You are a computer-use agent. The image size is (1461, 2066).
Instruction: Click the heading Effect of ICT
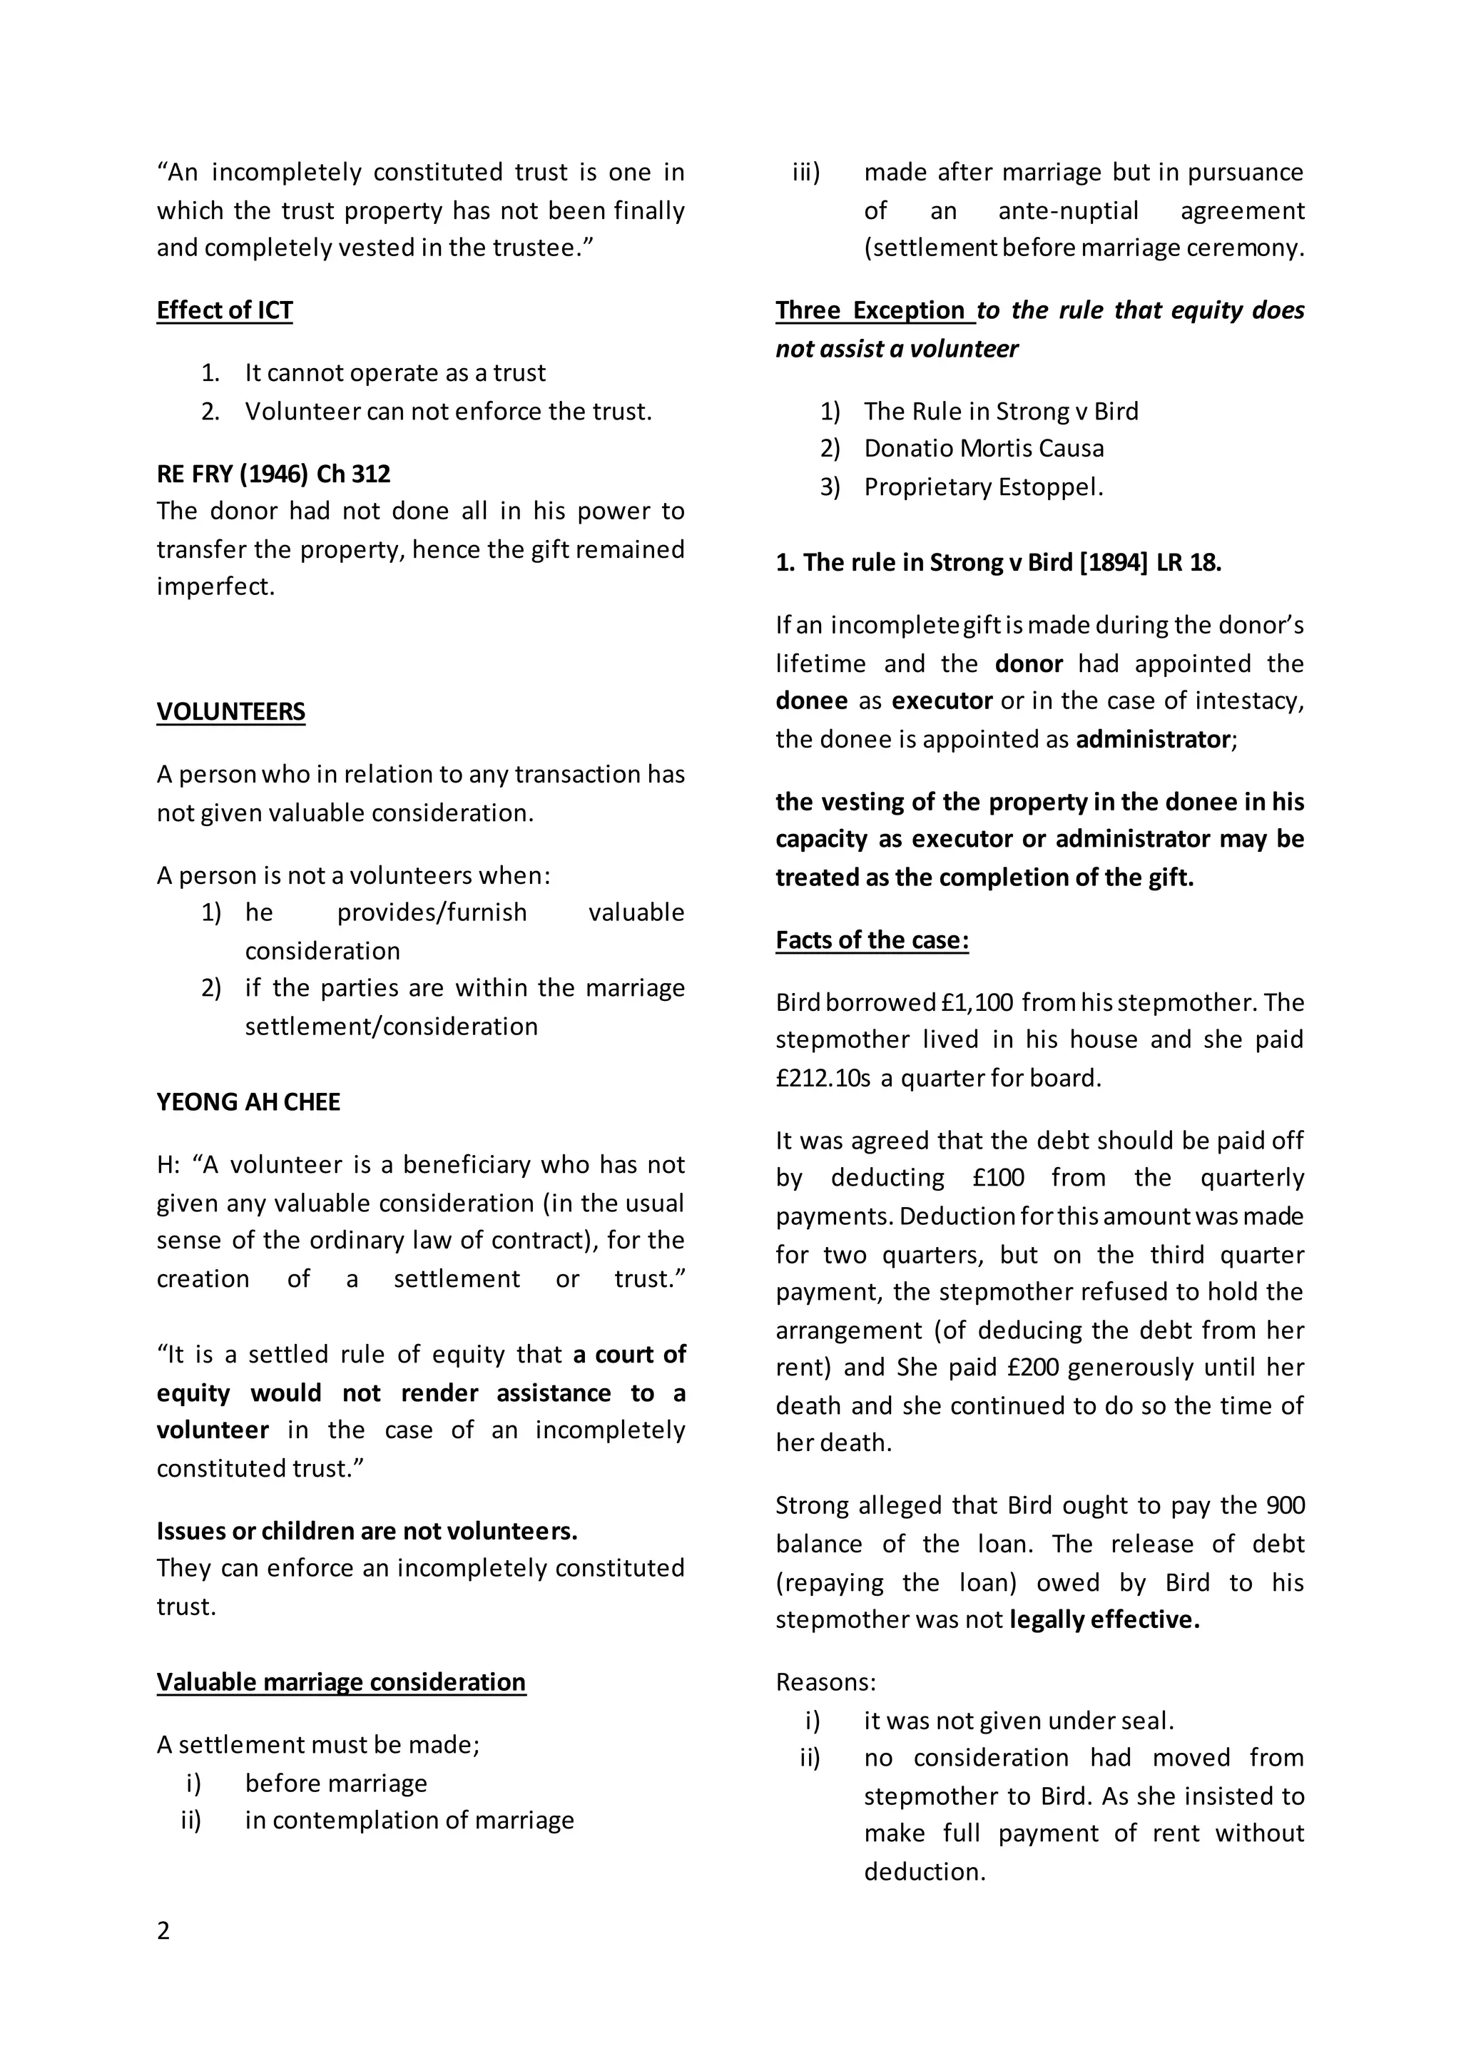point(224,310)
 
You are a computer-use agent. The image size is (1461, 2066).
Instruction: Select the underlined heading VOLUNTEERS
point(230,712)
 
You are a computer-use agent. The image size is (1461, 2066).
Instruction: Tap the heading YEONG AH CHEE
point(248,1102)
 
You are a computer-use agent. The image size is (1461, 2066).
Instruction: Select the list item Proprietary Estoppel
point(983,487)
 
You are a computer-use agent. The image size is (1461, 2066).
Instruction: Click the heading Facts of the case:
point(872,940)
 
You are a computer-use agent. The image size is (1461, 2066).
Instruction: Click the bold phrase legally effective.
point(1104,1619)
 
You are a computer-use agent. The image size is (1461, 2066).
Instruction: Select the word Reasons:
point(825,1681)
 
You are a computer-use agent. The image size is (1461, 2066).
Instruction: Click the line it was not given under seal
point(1019,1721)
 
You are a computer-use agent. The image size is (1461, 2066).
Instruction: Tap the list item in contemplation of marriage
point(409,1821)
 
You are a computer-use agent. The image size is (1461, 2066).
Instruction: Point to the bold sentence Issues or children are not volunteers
point(367,1531)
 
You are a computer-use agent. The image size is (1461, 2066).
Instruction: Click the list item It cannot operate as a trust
point(395,372)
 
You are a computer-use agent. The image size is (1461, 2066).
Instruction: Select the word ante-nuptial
point(1068,210)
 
